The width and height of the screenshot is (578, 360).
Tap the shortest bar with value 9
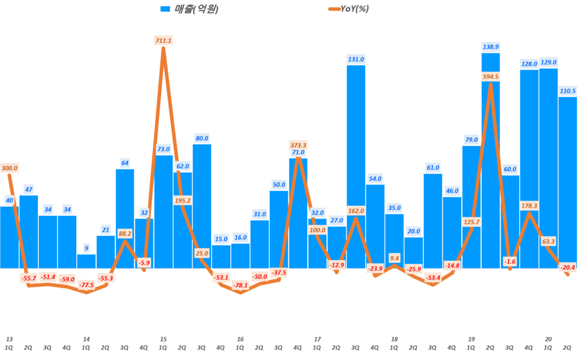click(x=86, y=261)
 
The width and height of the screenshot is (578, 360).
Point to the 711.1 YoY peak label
click(x=163, y=40)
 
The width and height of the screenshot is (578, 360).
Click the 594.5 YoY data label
click(x=491, y=77)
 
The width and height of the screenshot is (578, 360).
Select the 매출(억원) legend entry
click(x=190, y=8)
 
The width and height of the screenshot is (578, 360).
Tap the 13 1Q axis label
click(x=9, y=343)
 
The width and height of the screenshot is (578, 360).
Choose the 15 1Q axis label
click(x=163, y=343)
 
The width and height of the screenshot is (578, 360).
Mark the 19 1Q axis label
click(x=471, y=343)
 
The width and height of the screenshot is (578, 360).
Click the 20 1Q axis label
click(x=548, y=343)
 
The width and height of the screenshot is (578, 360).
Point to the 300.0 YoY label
click(x=10, y=168)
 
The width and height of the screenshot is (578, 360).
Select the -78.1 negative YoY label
click(x=240, y=286)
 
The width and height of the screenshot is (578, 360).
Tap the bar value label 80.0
click(x=202, y=138)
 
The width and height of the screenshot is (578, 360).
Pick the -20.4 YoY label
click(x=567, y=267)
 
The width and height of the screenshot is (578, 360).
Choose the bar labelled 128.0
click(x=529, y=169)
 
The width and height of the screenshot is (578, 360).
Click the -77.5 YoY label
click(x=86, y=286)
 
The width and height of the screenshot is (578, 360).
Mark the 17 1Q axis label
click(x=317, y=343)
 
